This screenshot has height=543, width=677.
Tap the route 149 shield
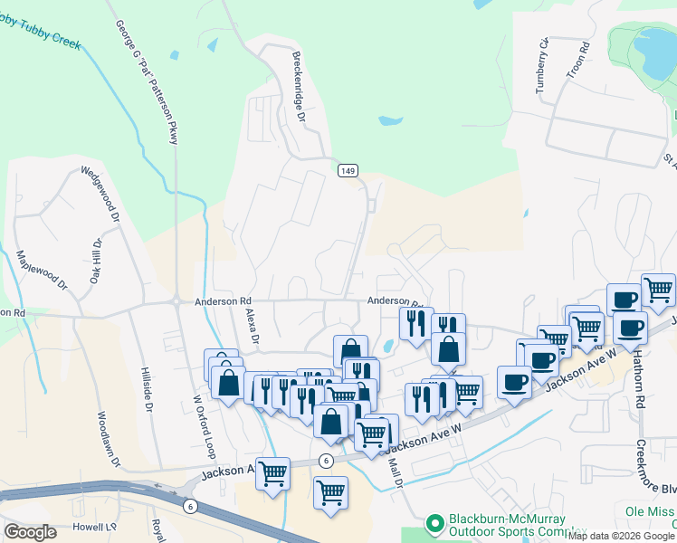coord(348,170)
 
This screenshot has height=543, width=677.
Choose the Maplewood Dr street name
coord(42,270)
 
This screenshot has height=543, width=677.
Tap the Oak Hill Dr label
coord(95,261)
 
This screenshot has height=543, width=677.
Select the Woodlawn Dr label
coord(109,440)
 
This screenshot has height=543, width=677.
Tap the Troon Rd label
coord(584,56)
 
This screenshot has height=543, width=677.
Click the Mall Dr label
coord(394,472)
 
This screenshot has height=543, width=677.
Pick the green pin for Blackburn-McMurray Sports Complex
coord(435,524)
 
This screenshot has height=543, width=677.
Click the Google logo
coord(30,532)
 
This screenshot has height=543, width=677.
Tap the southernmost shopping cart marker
coord(330,494)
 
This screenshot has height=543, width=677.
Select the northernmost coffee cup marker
coord(624,300)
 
